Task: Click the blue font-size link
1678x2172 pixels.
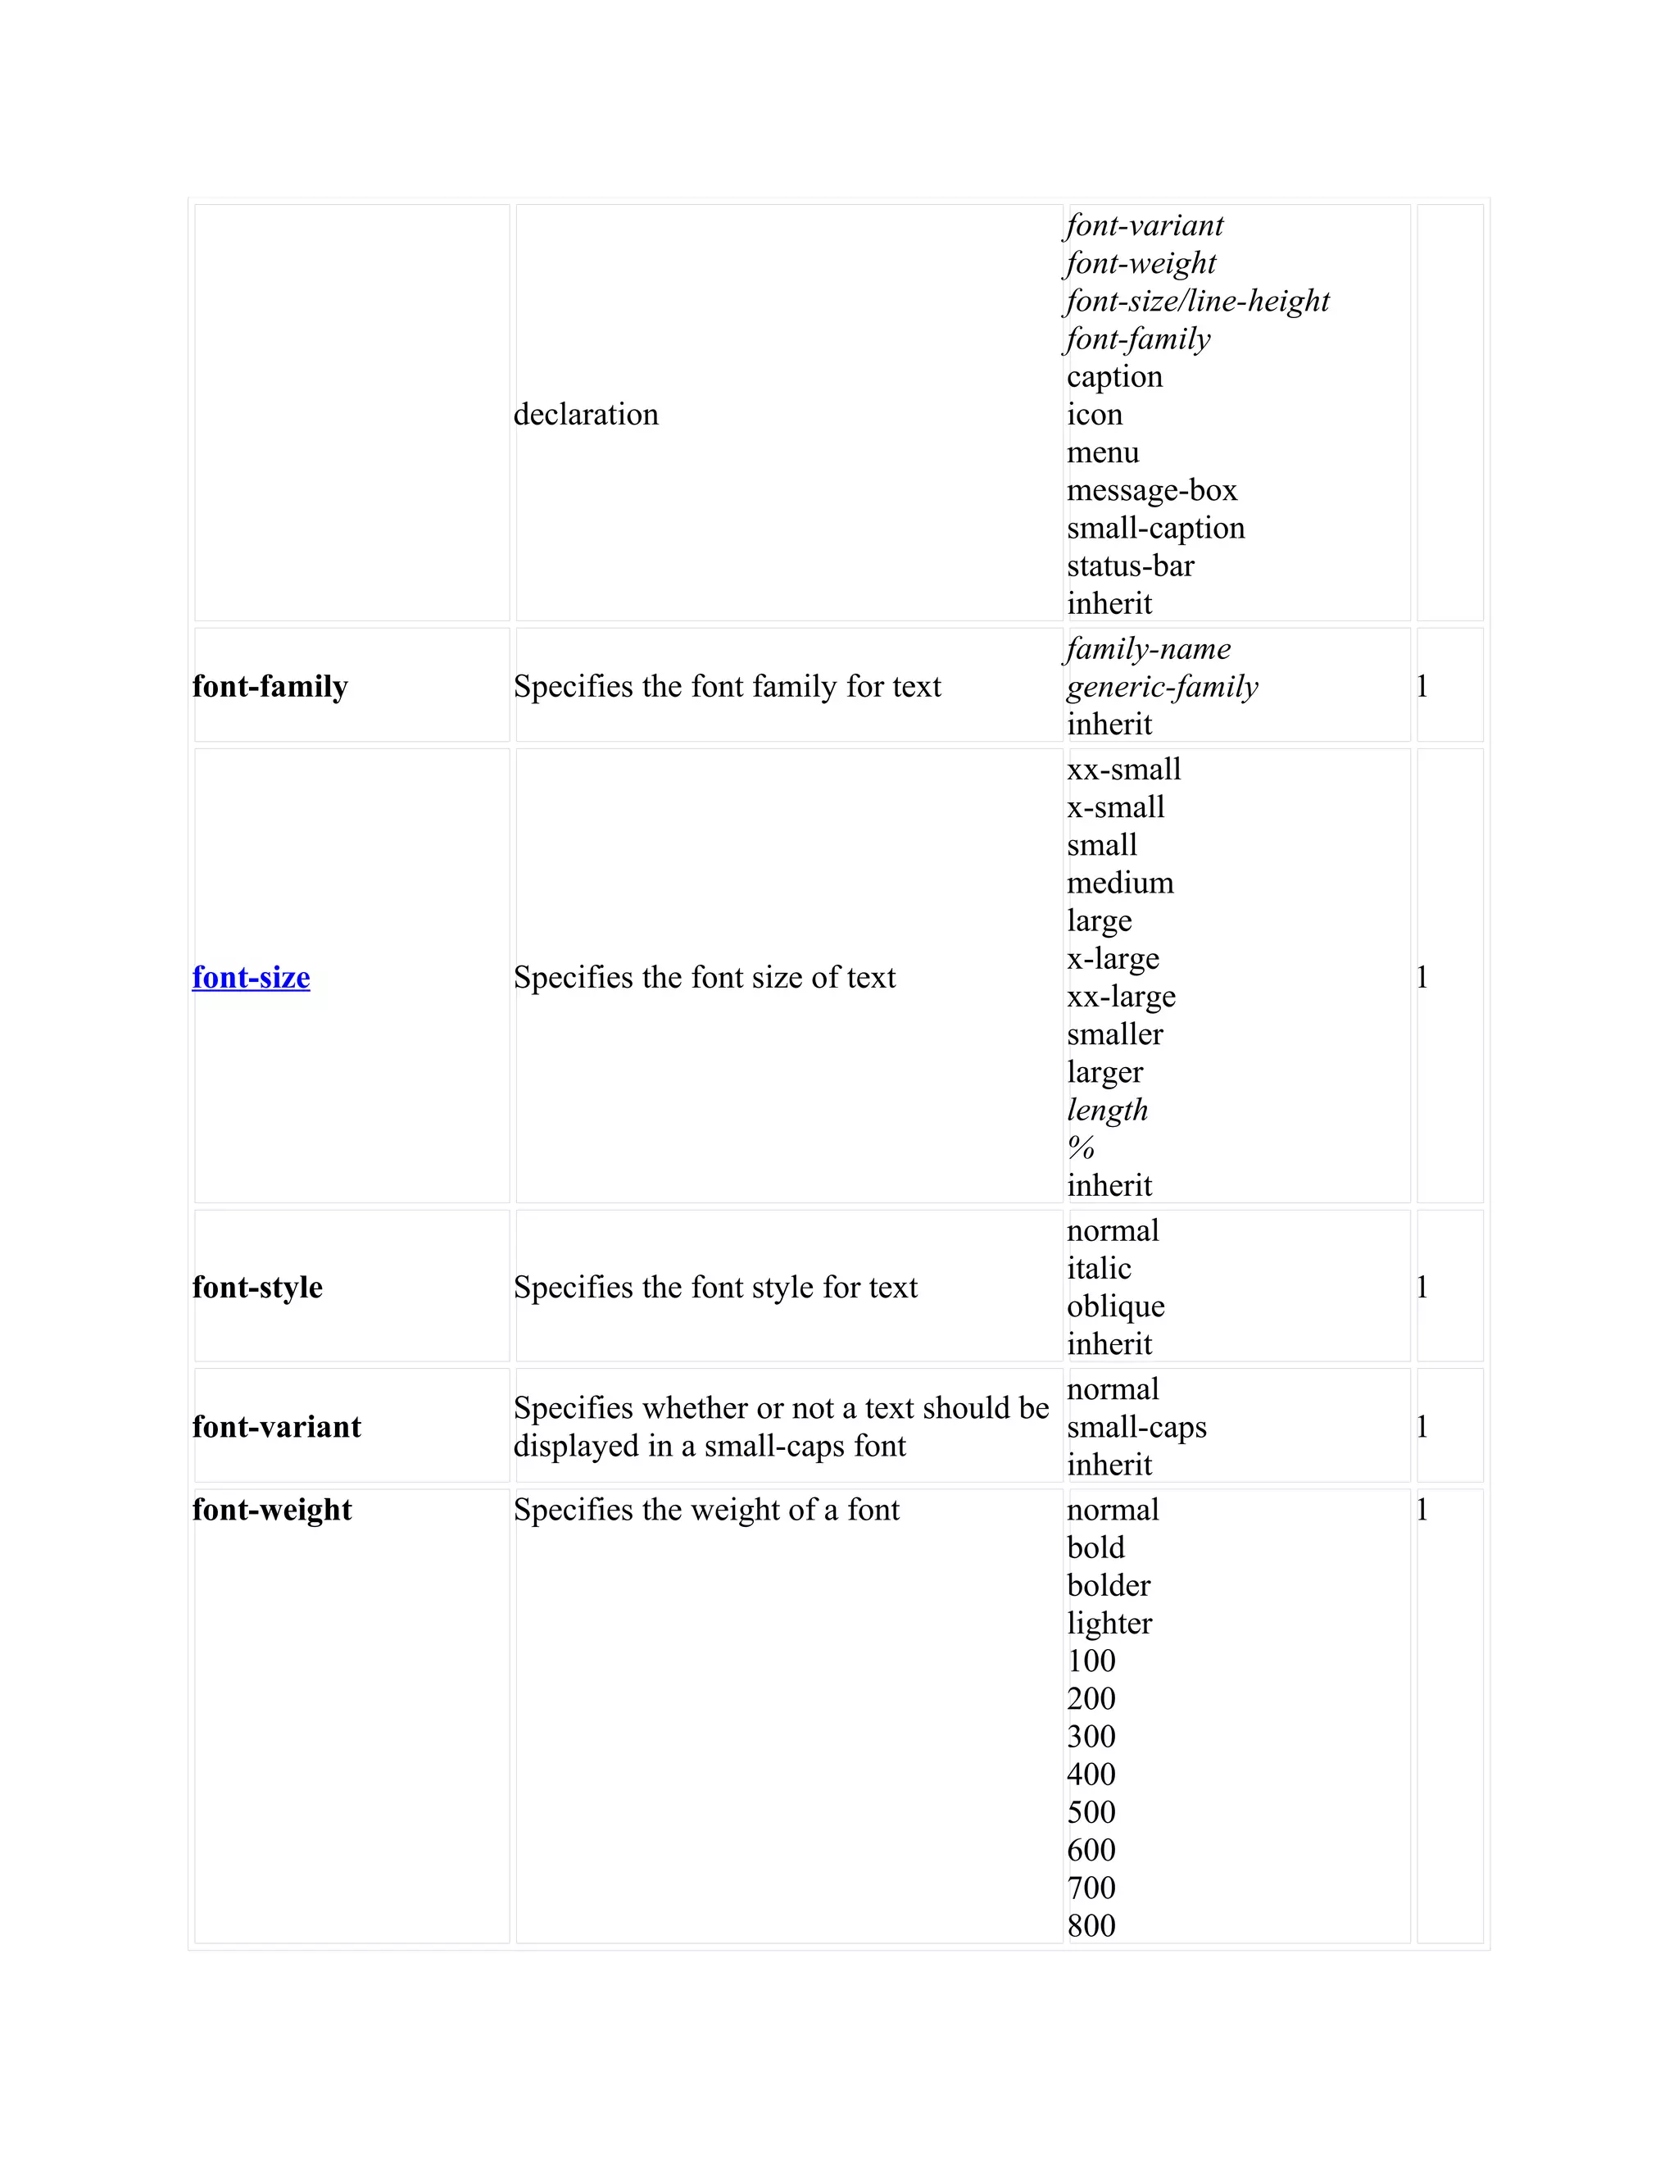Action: pyautogui.click(x=251, y=978)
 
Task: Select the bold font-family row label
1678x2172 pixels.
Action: pyautogui.click(x=270, y=686)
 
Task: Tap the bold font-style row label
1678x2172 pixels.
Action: pyautogui.click(x=257, y=1287)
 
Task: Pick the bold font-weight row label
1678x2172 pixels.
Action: pyautogui.click(x=271, y=1510)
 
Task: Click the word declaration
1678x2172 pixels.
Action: pyautogui.click(x=586, y=414)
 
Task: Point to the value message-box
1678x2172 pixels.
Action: pyautogui.click(x=1151, y=490)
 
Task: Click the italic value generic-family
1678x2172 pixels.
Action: pyautogui.click(x=1162, y=686)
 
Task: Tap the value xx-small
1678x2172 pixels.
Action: pyautogui.click(x=1123, y=769)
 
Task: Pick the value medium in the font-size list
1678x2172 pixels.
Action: pyautogui.click(x=1119, y=882)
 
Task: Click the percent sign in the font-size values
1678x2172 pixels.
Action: pyautogui.click(x=1081, y=1147)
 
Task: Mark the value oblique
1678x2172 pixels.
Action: pyautogui.click(x=1115, y=1306)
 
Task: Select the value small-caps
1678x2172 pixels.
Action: pyautogui.click(x=1136, y=1427)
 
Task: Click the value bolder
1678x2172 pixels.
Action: pyautogui.click(x=1109, y=1585)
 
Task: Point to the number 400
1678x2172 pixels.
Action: pyautogui.click(x=1091, y=1774)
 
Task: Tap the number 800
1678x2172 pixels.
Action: pyautogui.click(x=1091, y=1925)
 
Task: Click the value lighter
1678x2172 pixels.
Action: pyautogui.click(x=1109, y=1623)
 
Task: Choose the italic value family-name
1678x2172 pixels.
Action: pyautogui.click(x=1148, y=648)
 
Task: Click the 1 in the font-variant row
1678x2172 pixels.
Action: pyautogui.click(x=1422, y=1427)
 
